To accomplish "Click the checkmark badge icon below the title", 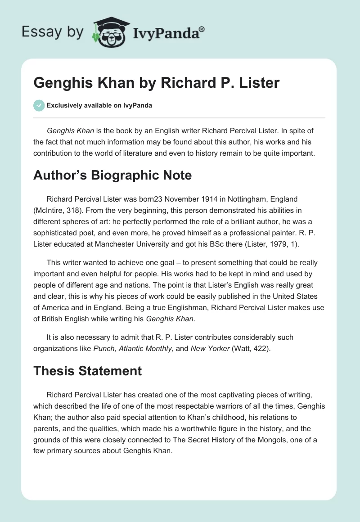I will tap(38, 105).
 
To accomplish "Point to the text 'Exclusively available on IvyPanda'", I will tap(99, 106).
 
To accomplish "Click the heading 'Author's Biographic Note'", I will tap(112, 175).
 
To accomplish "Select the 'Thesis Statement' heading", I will tap(87, 371).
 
